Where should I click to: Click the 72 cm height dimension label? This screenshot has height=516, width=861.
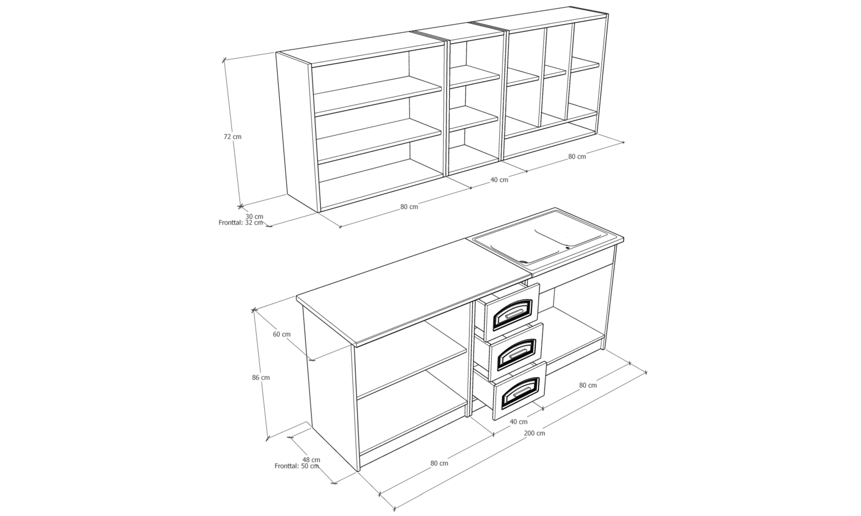pos(232,137)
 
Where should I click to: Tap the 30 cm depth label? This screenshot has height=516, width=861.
pos(254,216)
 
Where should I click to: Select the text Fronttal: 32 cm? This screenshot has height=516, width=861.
pos(240,222)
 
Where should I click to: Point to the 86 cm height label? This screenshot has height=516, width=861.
pos(261,377)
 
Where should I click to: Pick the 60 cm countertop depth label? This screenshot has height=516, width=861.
pos(282,334)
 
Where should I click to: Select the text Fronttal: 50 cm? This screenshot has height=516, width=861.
pos(297,466)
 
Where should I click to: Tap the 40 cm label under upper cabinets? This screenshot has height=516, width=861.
pos(499,180)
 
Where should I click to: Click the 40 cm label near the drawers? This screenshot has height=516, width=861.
pos(519,422)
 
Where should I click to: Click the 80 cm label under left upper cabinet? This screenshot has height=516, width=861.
pos(409,206)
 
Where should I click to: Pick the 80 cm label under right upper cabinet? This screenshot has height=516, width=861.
pos(577,156)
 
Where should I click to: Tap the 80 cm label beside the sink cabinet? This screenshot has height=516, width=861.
pos(588,385)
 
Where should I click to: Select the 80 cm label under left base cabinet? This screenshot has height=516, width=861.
pos(439,463)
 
